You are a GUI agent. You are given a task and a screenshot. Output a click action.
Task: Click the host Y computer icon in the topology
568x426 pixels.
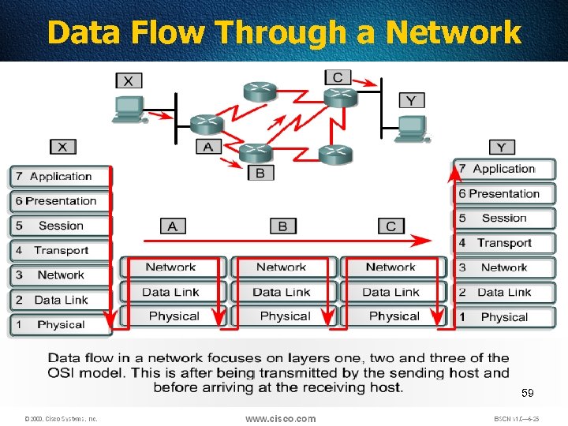coord(410,129)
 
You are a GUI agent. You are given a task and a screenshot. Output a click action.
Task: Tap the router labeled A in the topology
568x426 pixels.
coord(207,124)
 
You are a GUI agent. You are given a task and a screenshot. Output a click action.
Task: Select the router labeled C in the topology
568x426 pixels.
coord(341,96)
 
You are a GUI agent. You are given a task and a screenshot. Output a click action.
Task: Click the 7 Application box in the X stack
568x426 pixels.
coord(61,177)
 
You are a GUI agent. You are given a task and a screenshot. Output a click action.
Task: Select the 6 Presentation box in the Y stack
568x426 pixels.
coord(504,194)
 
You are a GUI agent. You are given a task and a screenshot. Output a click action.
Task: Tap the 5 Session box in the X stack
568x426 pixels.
coord(61,226)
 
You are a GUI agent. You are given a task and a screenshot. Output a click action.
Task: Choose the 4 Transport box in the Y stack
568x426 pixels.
coord(504,243)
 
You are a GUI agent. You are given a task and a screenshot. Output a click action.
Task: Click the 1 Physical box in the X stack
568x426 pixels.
coord(61,324)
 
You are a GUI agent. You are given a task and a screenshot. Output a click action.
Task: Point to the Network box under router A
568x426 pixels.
coord(172,267)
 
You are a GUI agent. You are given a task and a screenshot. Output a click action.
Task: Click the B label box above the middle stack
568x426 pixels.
coord(282,226)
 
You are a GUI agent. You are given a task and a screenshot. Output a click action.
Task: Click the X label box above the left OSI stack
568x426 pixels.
coord(62,147)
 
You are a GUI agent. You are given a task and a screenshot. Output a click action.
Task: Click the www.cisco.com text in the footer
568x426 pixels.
coord(280,418)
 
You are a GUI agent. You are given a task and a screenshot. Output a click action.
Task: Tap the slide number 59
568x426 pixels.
coord(527,393)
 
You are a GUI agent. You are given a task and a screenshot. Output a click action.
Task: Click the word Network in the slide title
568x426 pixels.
coord(453,33)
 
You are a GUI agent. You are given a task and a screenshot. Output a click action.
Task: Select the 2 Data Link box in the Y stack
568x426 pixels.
coord(504,292)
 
